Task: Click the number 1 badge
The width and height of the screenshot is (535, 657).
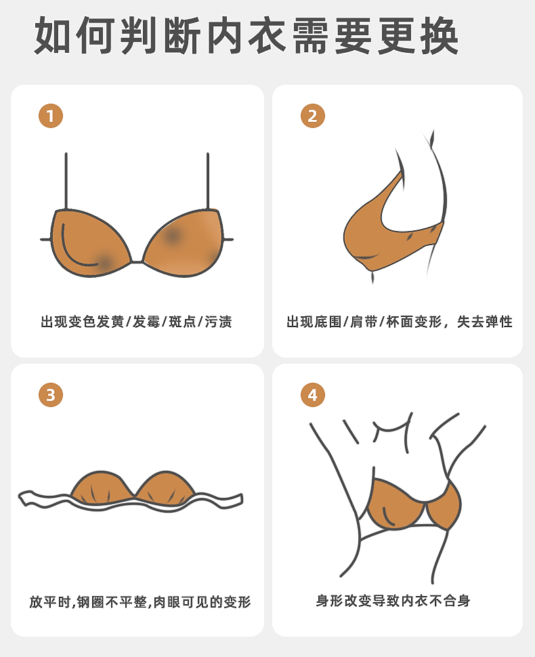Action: [x=51, y=116]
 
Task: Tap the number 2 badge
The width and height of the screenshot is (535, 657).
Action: [x=313, y=116]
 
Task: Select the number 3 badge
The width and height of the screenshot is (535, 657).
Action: [x=51, y=395]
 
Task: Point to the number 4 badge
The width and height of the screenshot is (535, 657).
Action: [x=313, y=395]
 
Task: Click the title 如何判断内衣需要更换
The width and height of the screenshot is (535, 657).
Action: [x=247, y=36]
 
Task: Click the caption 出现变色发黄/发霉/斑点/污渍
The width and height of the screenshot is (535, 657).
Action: [x=136, y=322]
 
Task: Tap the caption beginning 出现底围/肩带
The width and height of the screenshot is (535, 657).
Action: [x=400, y=322]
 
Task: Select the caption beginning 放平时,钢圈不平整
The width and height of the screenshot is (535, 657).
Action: [x=140, y=601]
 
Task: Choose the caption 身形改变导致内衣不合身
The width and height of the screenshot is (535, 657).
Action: [x=393, y=601]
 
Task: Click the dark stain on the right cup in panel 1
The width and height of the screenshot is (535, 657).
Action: [x=172, y=236]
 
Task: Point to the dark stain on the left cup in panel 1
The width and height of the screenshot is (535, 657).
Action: [x=103, y=262]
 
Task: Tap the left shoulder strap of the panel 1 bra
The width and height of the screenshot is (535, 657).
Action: [x=66, y=182]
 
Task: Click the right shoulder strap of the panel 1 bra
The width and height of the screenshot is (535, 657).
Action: [x=208, y=182]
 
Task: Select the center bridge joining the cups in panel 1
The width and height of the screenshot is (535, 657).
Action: [x=137, y=262]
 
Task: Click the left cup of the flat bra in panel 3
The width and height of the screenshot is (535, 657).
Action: [x=102, y=487]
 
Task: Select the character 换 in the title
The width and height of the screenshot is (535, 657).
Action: [x=440, y=36]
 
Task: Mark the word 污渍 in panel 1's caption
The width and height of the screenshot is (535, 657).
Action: [x=218, y=322]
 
